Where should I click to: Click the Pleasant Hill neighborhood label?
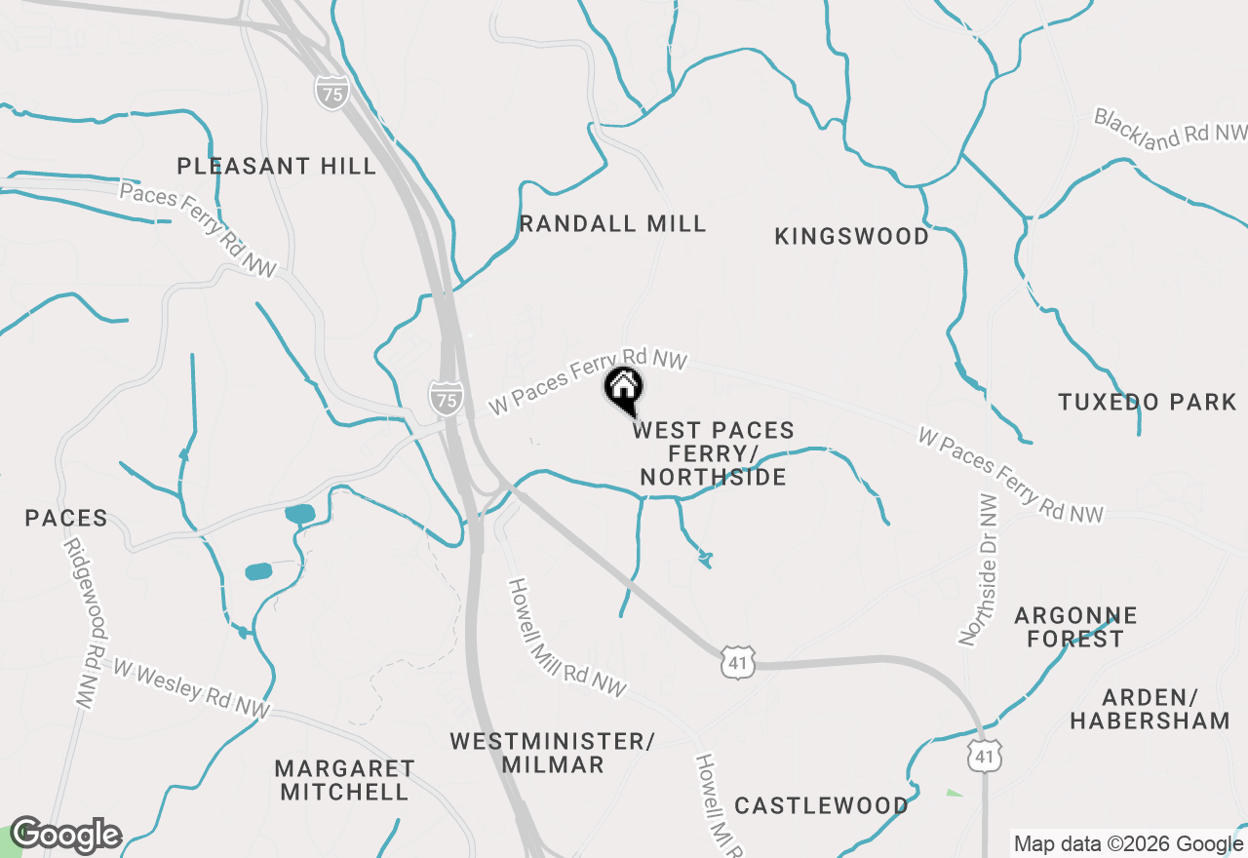click(277, 166)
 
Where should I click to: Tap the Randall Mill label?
click(612, 223)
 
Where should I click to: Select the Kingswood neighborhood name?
click(851, 236)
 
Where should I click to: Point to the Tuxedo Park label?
click(1147, 402)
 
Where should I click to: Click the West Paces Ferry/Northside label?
click(714, 453)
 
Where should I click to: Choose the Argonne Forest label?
click(1075, 627)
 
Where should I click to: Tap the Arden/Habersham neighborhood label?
click(1150, 709)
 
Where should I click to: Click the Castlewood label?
click(821, 805)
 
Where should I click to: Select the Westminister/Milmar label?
click(552, 753)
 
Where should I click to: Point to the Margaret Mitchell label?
click(344, 780)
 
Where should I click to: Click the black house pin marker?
click(624, 389)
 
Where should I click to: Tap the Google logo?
click(65, 835)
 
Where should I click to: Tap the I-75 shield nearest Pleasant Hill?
click(332, 95)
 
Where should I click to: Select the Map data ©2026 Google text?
click(1128, 844)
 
